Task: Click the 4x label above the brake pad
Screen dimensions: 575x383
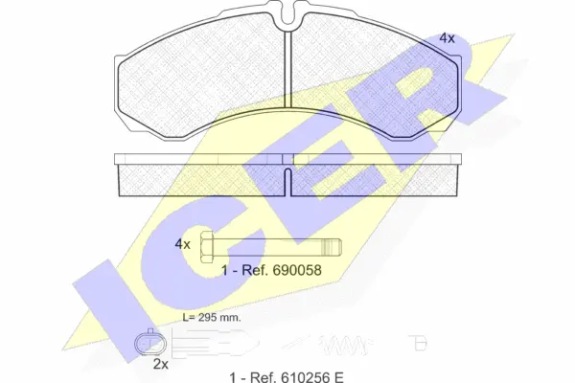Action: [x=447, y=37]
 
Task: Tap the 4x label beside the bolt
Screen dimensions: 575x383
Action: [x=183, y=244]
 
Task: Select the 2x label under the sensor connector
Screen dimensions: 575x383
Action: [x=161, y=364]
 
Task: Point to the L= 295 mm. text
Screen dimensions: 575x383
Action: [x=212, y=317]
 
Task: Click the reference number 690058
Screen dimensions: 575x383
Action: [x=297, y=270]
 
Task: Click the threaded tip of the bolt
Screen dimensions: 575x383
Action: [x=332, y=247]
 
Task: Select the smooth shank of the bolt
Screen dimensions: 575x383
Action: [x=267, y=247]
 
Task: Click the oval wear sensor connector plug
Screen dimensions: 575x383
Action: [x=150, y=344]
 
